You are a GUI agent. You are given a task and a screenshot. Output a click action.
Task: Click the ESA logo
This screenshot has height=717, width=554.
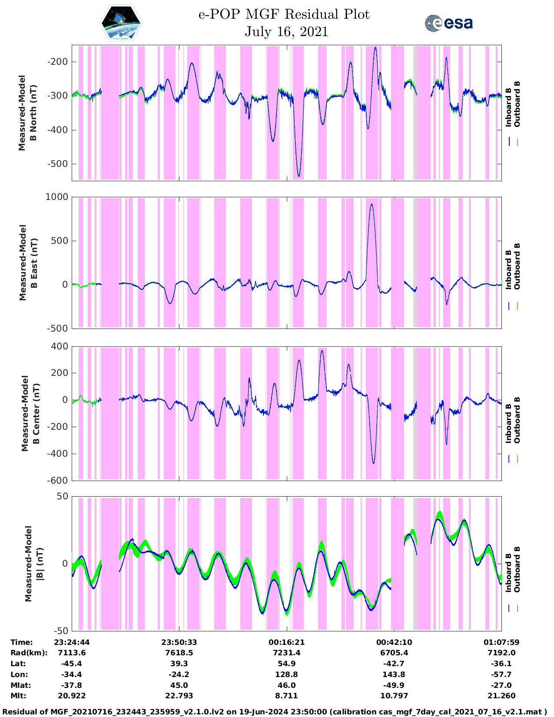pyautogui.click(x=448, y=23)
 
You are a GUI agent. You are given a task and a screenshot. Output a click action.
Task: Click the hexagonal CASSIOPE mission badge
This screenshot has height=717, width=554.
pyautogui.click(x=121, y=23)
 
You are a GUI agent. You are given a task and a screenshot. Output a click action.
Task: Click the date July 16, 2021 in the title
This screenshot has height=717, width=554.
pyautogui.click(x=286, y=32)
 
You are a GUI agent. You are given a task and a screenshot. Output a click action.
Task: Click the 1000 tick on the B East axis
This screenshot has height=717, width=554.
pyautogui.click(x=57, y=197)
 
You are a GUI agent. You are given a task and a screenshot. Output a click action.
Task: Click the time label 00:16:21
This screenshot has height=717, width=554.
pyautogui.click(x=286, y=642)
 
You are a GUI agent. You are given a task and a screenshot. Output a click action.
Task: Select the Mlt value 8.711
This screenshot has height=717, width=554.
pyautogui.click(x=286, y=696)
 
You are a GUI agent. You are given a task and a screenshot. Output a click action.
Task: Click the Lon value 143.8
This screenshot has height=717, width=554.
pyautogui.click(x=394, y=674)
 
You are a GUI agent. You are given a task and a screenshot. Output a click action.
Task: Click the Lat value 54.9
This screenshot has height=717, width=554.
pyautogui.click(x=286, y=664)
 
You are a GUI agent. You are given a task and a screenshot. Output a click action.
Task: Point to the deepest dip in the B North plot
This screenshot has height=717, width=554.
pyautogui.click(x=299, y=176)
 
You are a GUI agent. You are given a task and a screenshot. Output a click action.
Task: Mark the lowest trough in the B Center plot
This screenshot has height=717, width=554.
pyautogui.click(x=373, y=463)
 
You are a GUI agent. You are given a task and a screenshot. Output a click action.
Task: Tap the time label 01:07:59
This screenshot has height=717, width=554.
pyautogui.click(x=501, y=642)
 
